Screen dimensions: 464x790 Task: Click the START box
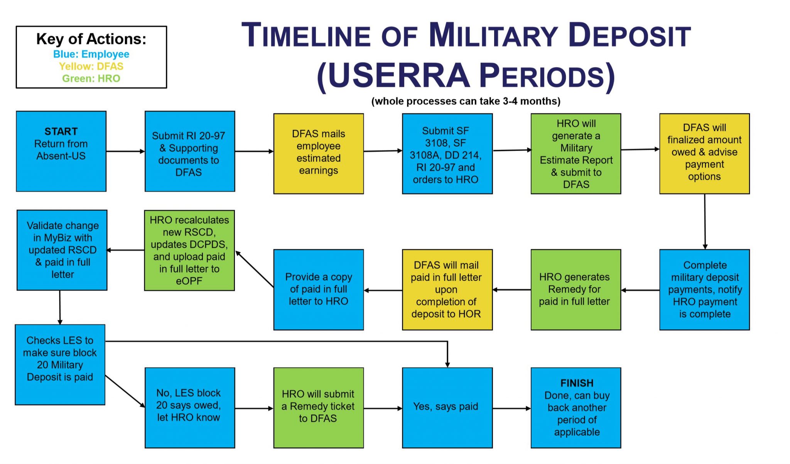(x=61, y=151)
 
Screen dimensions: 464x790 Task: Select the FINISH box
(x=576, y=408)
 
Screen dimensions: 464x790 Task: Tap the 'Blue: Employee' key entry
(x=91, y=54)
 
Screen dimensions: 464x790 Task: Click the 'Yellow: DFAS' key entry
(x=91, y=66)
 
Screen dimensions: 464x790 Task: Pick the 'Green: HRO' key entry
(x=91, y=79)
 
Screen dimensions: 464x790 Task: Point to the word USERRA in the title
(x=399, y=76)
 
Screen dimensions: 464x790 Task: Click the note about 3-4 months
(x=466, y=101)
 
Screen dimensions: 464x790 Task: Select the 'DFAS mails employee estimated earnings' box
(x=318, y=153)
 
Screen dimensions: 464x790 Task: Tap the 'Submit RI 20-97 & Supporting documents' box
(x=189, y=151)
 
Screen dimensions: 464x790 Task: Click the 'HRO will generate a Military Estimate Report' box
(x=576, y=153)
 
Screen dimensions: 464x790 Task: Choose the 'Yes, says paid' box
(x=447, y=408)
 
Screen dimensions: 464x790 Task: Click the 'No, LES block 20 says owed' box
(x=189, y=408)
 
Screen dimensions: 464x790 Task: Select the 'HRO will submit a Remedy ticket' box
(x=318, y=408)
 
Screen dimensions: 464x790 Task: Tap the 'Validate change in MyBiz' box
(x=62, y=250)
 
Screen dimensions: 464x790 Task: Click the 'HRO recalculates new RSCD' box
(x=189, y=250)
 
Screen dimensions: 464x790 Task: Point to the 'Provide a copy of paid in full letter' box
(x=318, y=290)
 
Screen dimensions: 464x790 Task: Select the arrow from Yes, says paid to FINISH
(x=511, y=408)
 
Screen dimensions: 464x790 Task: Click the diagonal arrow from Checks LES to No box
(x=125, y=391)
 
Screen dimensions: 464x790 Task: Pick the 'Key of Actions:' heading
(x=91, y=39)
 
